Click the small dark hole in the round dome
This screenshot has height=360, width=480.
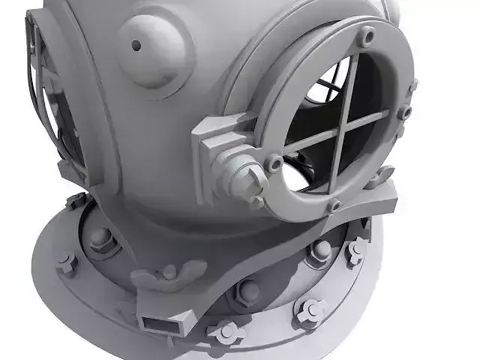pos(136,45)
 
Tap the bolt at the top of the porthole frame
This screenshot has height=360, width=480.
pos(366,35)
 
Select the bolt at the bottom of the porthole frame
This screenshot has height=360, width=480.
pos(334,205)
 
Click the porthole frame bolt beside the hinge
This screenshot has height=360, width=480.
pos(275,162)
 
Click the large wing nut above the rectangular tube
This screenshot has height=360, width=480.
pos(169,274)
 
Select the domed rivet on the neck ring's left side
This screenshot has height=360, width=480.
pos(100,238)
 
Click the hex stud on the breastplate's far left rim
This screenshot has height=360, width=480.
pos(67,262)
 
